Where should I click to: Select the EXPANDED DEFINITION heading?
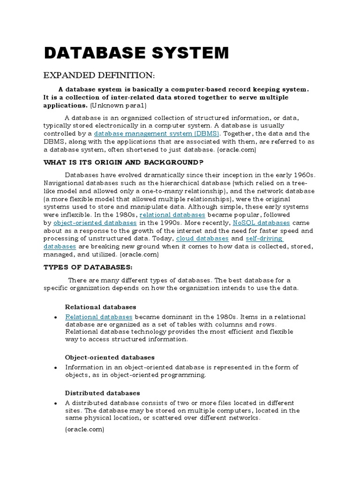point(98,76)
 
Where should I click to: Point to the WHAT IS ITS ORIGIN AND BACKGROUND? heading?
point(123,162)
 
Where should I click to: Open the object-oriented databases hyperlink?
point(95,223)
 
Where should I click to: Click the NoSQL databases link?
point(261,223)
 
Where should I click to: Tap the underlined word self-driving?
point(264,239)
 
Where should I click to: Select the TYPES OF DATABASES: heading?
point(88,267)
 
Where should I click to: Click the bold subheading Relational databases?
point(100,307)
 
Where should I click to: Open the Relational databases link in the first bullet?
point(98,317)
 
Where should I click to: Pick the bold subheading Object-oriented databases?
point(110,357)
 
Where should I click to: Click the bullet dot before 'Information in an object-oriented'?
point(55,368)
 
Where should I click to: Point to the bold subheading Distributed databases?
point(102,393)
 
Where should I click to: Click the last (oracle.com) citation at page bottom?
point(84,429)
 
